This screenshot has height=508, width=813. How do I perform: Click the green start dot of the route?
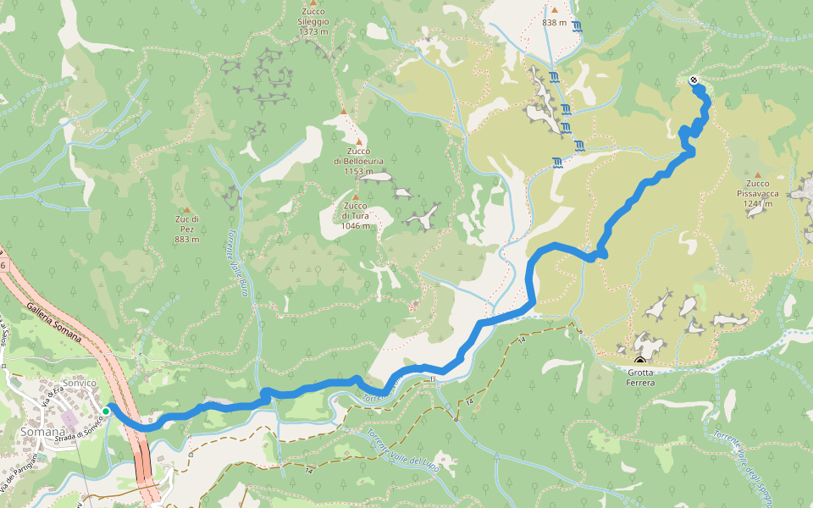pyautogui.click(x=106, y=411)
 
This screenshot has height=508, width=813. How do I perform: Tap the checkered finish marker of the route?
pyautogui.click(x=694, y=80)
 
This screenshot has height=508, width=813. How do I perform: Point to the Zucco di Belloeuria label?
pyautogui.click(x=358, y=161)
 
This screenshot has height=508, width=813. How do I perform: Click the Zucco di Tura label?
pyautogui.click(x=356, y=216)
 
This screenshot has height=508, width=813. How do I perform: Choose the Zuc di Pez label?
pyautogui.click(x=186, y=229)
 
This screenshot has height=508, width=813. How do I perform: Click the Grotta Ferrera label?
pyautogui.click(x=640, y=377)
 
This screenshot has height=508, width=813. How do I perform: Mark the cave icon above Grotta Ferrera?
pyautogui.click(x=639, y=361)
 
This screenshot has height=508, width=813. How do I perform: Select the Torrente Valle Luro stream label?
pyautogui.click(x=240, y=264)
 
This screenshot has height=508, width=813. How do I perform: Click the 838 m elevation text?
pyautogui.click(x=554, y=23)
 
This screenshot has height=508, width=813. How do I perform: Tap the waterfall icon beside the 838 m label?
pyautogui.click(x=576, y=26)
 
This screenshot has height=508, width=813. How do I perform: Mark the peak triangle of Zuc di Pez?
pyautogui.click(x=186, y=210)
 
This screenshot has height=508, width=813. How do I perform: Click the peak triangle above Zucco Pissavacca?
pyautogui.click(x=757, y=174)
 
